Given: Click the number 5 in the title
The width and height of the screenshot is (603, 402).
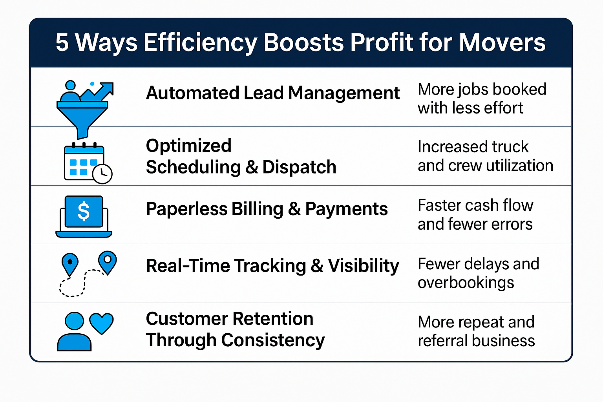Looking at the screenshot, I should click(62, 42).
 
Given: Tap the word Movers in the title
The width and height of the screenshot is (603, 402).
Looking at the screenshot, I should click(502, 42).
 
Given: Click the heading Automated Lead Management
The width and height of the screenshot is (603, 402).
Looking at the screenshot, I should click(272, 93).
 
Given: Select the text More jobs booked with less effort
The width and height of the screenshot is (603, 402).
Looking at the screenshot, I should click(481, 99).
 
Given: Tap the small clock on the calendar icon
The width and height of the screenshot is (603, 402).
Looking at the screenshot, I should click(102, 174).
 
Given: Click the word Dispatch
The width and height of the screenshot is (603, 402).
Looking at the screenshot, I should click(299, 167).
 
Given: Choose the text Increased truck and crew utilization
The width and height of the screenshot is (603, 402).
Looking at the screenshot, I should click(485, 156).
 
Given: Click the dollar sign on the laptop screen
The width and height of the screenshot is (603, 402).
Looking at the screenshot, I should click(84, 212).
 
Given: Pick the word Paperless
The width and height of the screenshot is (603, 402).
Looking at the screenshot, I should click(186, 209).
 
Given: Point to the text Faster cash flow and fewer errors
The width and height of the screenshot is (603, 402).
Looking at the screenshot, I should click(475, 215).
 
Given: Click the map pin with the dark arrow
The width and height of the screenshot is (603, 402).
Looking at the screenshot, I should click(70, 263).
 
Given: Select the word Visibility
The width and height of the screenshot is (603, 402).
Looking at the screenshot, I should click(364, 266).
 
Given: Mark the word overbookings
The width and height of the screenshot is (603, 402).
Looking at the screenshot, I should click(466, 283).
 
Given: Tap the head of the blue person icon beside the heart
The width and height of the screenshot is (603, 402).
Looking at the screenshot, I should click(74, 321).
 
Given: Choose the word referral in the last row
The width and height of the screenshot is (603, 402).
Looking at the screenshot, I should click(440, 341).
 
